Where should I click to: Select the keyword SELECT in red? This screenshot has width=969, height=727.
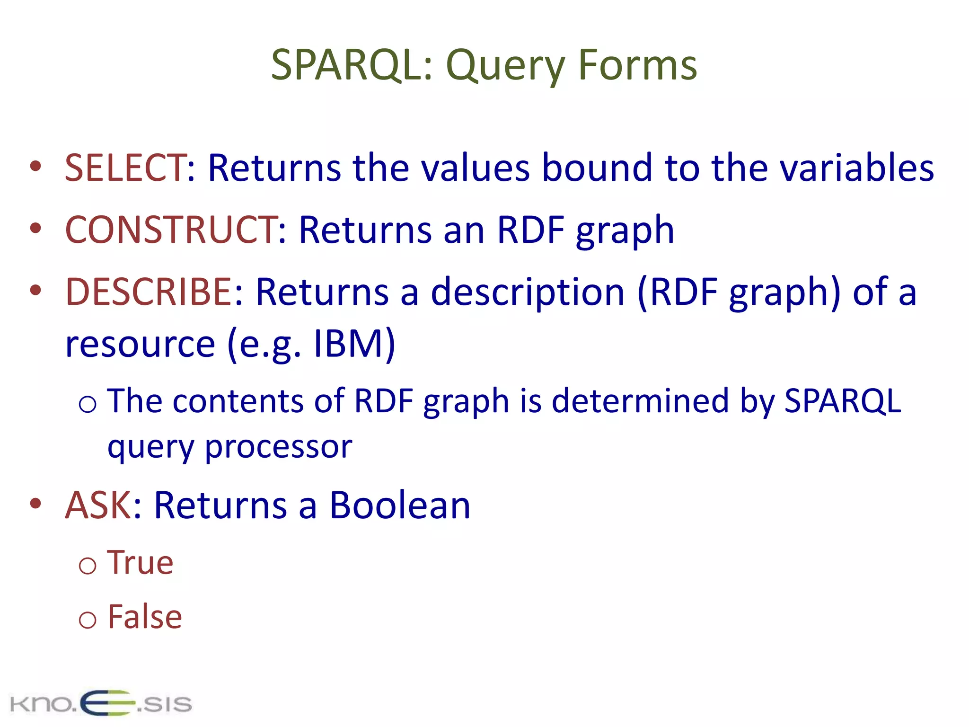tap(125, 168)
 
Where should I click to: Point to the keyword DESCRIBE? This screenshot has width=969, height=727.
tap(148, 292)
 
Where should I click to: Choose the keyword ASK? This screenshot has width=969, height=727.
tap(98, 505)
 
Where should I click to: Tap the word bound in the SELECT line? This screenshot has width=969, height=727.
tap(597, 168)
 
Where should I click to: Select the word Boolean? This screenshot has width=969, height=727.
tap(400, 505)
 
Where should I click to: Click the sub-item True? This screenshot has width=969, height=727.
tap(140, 563)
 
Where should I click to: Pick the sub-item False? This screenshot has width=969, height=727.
tap(145, 617)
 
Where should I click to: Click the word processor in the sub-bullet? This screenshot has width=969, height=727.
tap(278, 447)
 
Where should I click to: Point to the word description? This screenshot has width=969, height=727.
tap(528, 292)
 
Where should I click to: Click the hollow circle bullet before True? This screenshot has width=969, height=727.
tap(88, 566)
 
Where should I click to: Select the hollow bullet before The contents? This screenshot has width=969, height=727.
tap(88, 404)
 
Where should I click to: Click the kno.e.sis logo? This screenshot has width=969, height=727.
tap(101, 703)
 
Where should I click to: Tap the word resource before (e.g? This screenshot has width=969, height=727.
tap(140, 344)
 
